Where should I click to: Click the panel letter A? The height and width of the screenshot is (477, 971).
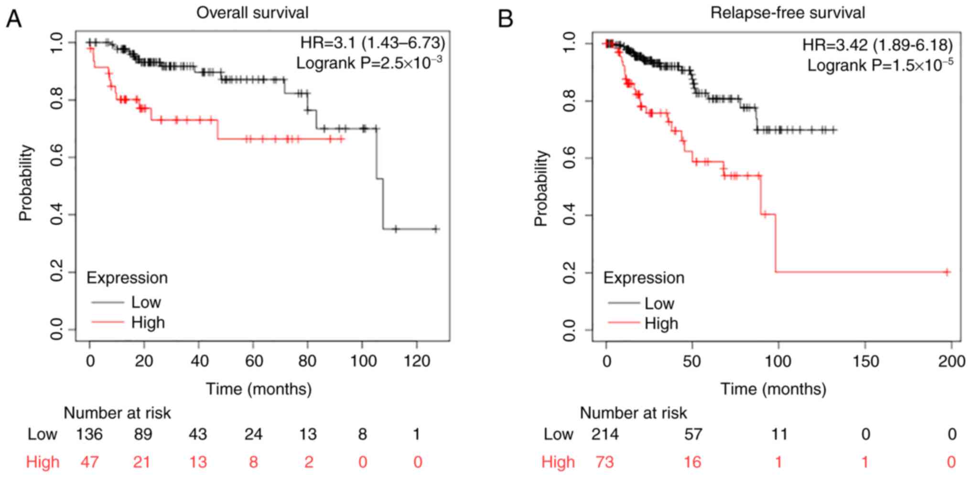(14, 19)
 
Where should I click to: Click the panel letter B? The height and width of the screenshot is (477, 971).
(506, 19)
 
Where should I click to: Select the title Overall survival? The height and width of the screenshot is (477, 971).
(252, 12)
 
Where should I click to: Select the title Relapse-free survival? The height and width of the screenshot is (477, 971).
(788, 12)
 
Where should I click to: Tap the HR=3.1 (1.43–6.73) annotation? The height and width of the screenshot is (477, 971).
(372, 43)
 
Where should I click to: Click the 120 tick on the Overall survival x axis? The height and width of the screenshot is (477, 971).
(417, 361)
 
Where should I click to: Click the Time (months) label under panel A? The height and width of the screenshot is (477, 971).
(259, 388)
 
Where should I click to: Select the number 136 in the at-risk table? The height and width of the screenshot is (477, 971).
(89, 434)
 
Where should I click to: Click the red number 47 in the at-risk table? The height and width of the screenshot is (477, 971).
(89, 462)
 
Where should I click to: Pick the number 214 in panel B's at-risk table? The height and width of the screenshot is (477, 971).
(605, 434)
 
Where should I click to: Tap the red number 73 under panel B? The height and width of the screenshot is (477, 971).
(605, 462)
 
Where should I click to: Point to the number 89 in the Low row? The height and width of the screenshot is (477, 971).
(143, 434)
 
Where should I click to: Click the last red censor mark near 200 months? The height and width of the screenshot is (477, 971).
(947, 272)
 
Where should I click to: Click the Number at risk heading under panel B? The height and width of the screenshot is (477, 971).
(633, 412)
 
